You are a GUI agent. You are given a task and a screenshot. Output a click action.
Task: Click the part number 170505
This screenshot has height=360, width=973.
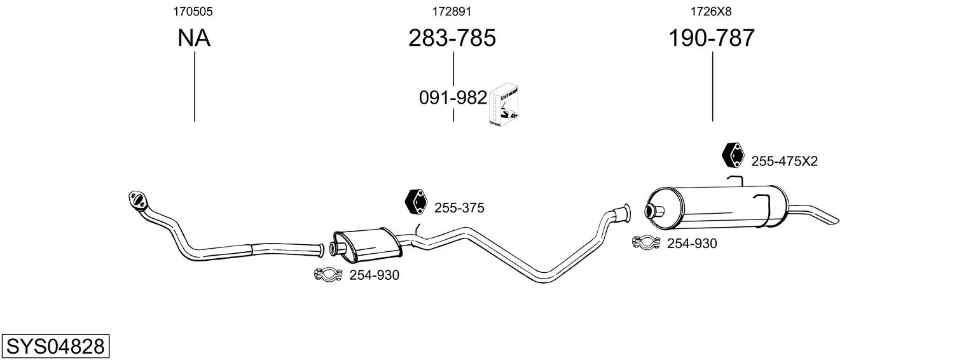click(x=193, y=11)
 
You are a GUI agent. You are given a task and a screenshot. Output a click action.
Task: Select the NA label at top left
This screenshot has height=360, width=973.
click(x=194, y=38)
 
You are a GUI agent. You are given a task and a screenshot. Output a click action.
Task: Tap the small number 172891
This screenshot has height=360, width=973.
click(x=452, y=11)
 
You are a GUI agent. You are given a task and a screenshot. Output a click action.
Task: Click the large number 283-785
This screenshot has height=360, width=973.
click(x=452, y=38)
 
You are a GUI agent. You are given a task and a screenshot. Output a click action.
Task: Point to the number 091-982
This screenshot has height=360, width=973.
click(x=453, y=98)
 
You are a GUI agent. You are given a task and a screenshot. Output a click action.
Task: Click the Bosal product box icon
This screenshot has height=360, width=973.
click(x=504, y=105)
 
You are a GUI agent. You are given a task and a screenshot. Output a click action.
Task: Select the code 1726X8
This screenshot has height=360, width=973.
click(x=711, y=11)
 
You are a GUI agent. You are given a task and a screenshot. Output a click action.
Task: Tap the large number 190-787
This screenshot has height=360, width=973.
click(x=712, y=38)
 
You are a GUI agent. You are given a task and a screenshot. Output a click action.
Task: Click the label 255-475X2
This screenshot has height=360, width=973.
click(x=785, y=162)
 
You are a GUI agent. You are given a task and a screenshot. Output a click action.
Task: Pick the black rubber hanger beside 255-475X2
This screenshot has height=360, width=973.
click(x=733, y=155)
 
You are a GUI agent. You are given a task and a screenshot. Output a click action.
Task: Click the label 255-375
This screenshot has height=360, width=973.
click(x=459, y=208)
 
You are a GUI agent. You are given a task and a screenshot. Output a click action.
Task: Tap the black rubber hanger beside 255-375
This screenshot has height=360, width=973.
click(x=416, y=202)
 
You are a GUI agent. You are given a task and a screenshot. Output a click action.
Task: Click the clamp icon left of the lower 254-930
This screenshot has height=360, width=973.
click(x=329, y=274)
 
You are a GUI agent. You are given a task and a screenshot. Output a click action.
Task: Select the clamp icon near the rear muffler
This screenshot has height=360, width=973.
click(x=646, y=242)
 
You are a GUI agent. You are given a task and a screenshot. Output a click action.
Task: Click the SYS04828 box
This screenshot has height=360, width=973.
click(x=55, y=346)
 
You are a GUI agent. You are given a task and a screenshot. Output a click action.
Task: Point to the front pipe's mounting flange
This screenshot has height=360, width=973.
click(x=138, y=200)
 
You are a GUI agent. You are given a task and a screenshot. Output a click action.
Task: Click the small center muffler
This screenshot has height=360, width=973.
click(x=367, y=245)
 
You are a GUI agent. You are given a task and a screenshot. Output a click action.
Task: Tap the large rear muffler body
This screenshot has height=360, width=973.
click(x=717, y=207)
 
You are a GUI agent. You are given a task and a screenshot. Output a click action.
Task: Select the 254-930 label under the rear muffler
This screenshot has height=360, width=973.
click(x=692, y=244)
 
